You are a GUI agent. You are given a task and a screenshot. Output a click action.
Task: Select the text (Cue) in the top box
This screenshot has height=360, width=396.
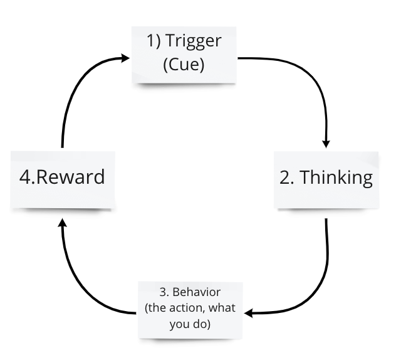(x=184, y=65)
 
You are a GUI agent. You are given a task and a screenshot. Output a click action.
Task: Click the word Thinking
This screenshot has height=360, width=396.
(x=336, y=177)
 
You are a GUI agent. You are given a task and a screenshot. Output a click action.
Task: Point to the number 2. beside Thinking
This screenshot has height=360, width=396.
(x=287, y=177)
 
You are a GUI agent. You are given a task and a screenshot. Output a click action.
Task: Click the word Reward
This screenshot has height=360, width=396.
(x=71, y=177)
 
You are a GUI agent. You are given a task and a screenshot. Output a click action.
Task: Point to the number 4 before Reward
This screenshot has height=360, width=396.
(x=25, y=177)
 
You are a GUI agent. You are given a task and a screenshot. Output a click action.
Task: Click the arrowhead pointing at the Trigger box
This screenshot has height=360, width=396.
(x=125, y=59)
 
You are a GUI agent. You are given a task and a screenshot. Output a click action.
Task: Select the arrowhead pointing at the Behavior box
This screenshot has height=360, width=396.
(x=248, y=312)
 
